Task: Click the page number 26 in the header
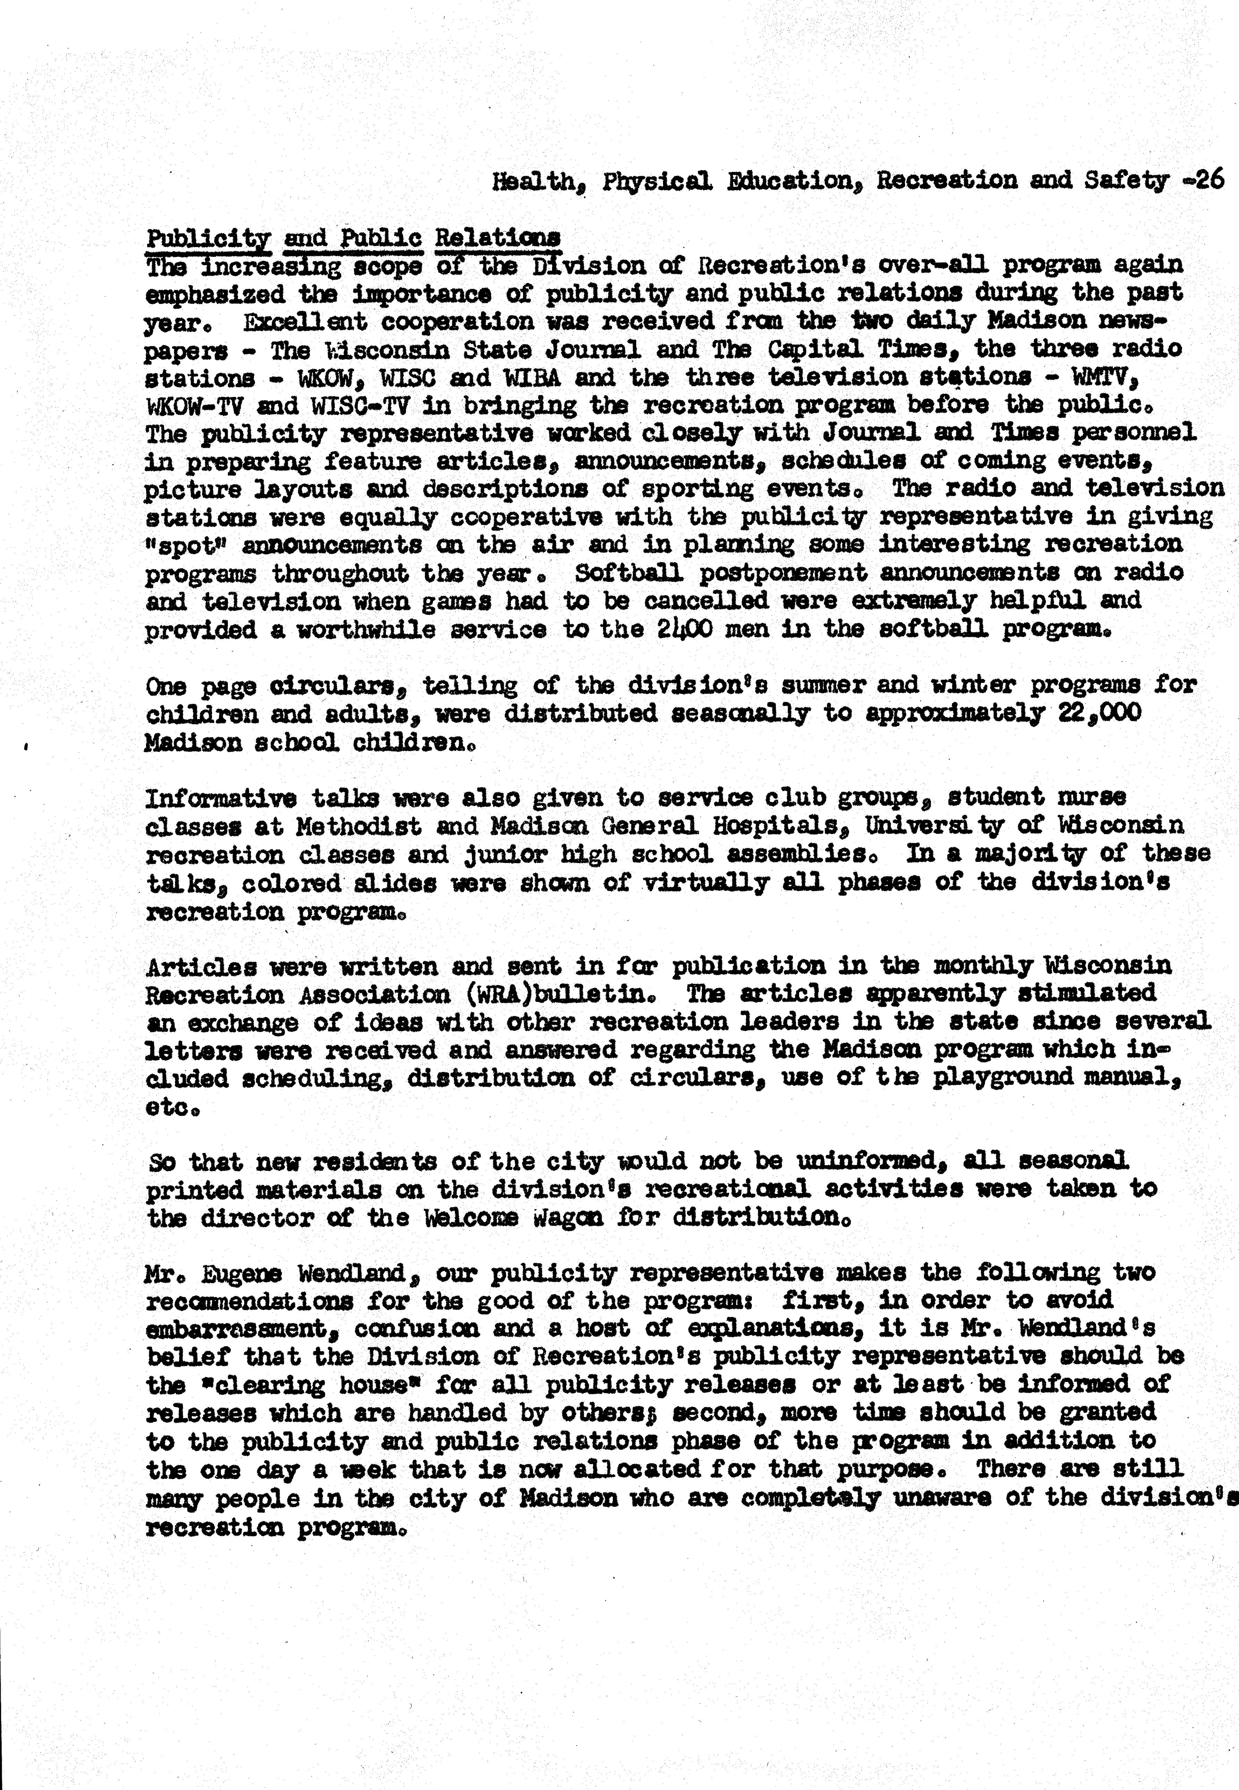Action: [1208, 180]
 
